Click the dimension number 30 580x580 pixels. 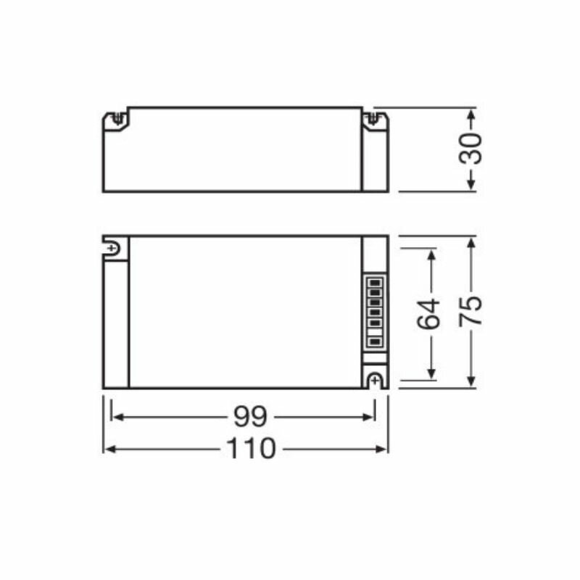pyautogui.click(x=471, y=149)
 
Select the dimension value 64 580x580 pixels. pyautogui.click(x=428, y=315)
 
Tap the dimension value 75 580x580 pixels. pyautogui.click(x=471, y=311)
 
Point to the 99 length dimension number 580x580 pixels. pyautogui.click(x=250, y=416)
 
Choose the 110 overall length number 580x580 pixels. pyautogui.click(x=251, y=448)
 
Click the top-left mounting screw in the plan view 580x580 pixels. pyautogui.click(x=112, y=248)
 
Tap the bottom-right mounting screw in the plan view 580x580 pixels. pyautogui.click(x=375, y=380)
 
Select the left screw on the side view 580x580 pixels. pyautogui.click(x=117, y=118)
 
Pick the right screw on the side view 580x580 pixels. pyautogui.click(x=373, y=118)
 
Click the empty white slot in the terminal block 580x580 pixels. pyautogui.click(x=375, y=332)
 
